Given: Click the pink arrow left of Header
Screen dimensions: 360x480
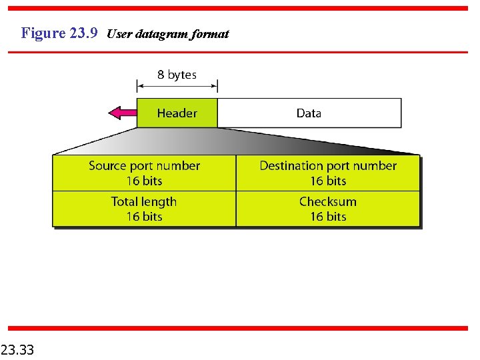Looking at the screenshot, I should pos(122,113).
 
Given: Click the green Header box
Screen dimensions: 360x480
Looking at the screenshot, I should pos(177,113).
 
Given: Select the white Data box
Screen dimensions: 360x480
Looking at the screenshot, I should pos(309,113).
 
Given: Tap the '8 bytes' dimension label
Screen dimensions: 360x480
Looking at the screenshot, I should pos(177,75).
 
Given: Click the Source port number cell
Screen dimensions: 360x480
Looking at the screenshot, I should pos(144,173).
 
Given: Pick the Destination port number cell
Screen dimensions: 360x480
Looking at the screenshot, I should pos(328,173).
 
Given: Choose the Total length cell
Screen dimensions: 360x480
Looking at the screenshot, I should pos(144,209).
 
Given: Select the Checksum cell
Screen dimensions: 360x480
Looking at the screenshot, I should pos(328,209).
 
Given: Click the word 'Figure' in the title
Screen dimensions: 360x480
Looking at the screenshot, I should pos(43,33).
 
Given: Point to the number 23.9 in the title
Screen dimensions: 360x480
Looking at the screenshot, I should pos(83,33).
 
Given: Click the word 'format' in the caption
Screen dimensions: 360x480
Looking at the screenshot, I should pos(209,34).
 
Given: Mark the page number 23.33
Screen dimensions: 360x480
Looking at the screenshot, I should pos(18,349).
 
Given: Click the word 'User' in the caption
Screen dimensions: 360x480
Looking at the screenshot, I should pos(119,34).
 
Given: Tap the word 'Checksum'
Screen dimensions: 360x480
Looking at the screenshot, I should pos(328,201).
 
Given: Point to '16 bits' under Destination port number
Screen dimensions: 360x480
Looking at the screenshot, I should pos(328,181).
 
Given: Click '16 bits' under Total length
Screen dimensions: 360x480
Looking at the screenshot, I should pos(144,217).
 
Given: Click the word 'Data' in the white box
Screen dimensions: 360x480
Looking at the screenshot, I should pos(309,113).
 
